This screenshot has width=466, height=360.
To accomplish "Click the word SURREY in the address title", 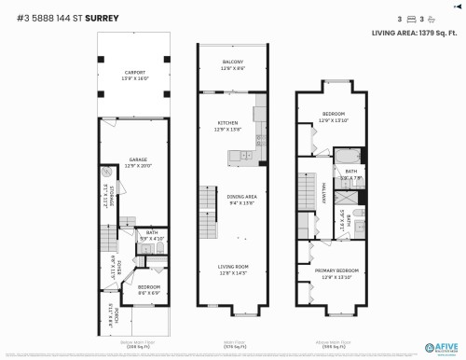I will click(x=102, y=17).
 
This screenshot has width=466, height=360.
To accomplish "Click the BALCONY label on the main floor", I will click(x=233, y=64).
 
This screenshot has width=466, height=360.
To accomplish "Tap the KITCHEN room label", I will click(x=227, y=127).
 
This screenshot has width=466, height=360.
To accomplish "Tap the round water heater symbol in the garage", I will click(x=105, y=172).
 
